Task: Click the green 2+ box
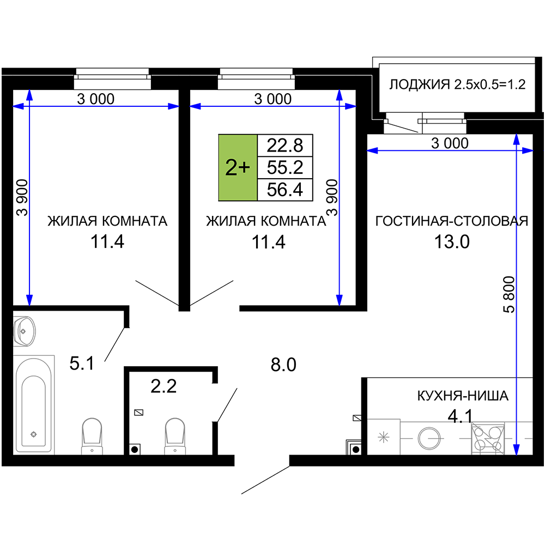coord(238,167)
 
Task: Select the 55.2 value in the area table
coord(285,167)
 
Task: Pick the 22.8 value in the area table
coord(285,146)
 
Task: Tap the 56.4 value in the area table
coord(285,190)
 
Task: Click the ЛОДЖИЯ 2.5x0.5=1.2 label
coord(457,84)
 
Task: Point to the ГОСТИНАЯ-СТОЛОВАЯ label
coord(452,221)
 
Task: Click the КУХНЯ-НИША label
coord(463,396)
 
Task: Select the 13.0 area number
coord(452,241)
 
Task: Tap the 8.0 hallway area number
coord(283,365)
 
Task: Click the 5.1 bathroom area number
coord(82,364)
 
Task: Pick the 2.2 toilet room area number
coord(163,386)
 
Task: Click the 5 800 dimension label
coord(509,295)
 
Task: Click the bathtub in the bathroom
coord(34,404)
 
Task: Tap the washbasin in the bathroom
coord(24,331)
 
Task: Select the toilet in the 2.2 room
coord(175,436)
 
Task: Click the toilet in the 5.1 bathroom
coord(92,436)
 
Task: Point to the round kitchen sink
coord(429,438)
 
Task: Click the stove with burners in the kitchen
coord(488,438)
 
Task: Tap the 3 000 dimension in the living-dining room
coord(450,143)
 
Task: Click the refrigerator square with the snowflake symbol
coord(384,437)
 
